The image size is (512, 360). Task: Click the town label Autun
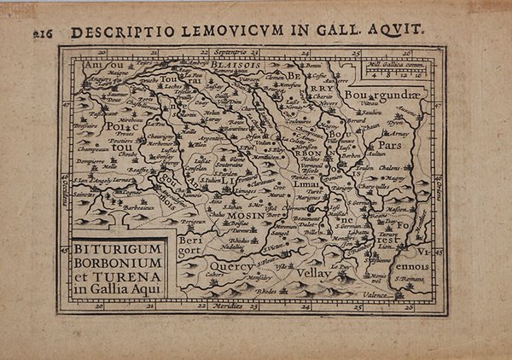click(375, 154)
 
